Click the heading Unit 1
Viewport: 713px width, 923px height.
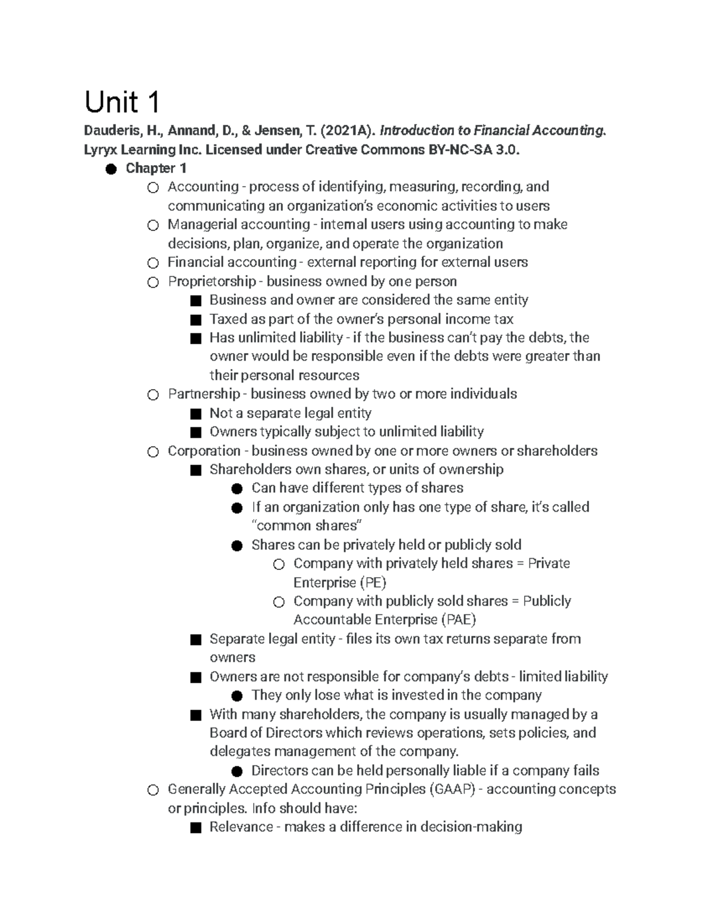pos(122,102)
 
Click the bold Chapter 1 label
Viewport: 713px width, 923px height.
pos(156,168)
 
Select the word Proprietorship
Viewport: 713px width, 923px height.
pos(212,281)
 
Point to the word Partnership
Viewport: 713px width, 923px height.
pos(204,394)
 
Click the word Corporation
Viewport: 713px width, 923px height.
pos(204,451)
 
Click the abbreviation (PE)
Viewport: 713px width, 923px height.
pos(373,582)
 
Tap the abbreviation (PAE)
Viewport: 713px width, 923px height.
pos(458,620)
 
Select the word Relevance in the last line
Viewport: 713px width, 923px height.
pos(240,827)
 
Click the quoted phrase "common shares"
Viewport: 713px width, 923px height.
pos(307,526)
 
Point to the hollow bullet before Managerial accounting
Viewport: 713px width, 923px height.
pos(153,225)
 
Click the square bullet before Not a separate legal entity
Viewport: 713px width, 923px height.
pos(195,414)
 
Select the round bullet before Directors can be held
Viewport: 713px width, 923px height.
pos(237,771)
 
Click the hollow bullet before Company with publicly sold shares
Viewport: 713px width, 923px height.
pos(279,602)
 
